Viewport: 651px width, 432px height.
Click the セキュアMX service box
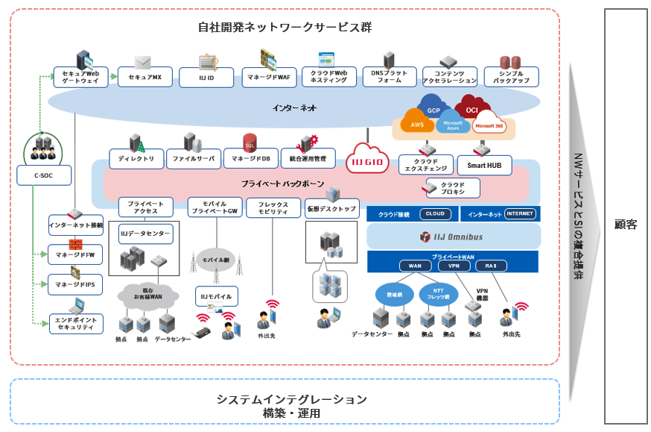point(145,77)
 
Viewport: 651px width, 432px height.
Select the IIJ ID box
point(206,77)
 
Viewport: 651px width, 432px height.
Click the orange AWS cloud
point(417,125)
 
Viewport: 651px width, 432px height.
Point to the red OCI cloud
point(471,110)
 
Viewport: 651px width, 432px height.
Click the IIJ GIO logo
point(368,160)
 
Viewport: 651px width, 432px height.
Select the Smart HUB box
point(484,165)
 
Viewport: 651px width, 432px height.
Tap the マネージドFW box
point(75,254)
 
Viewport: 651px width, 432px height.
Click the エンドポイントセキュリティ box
point(75,323)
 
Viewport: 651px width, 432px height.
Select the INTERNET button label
point(520,214)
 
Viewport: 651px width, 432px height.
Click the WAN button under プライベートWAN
point(415,266)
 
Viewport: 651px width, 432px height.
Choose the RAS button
point(491,266)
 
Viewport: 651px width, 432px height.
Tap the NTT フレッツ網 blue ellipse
point(439,294)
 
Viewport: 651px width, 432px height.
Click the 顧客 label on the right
point(625,224)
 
